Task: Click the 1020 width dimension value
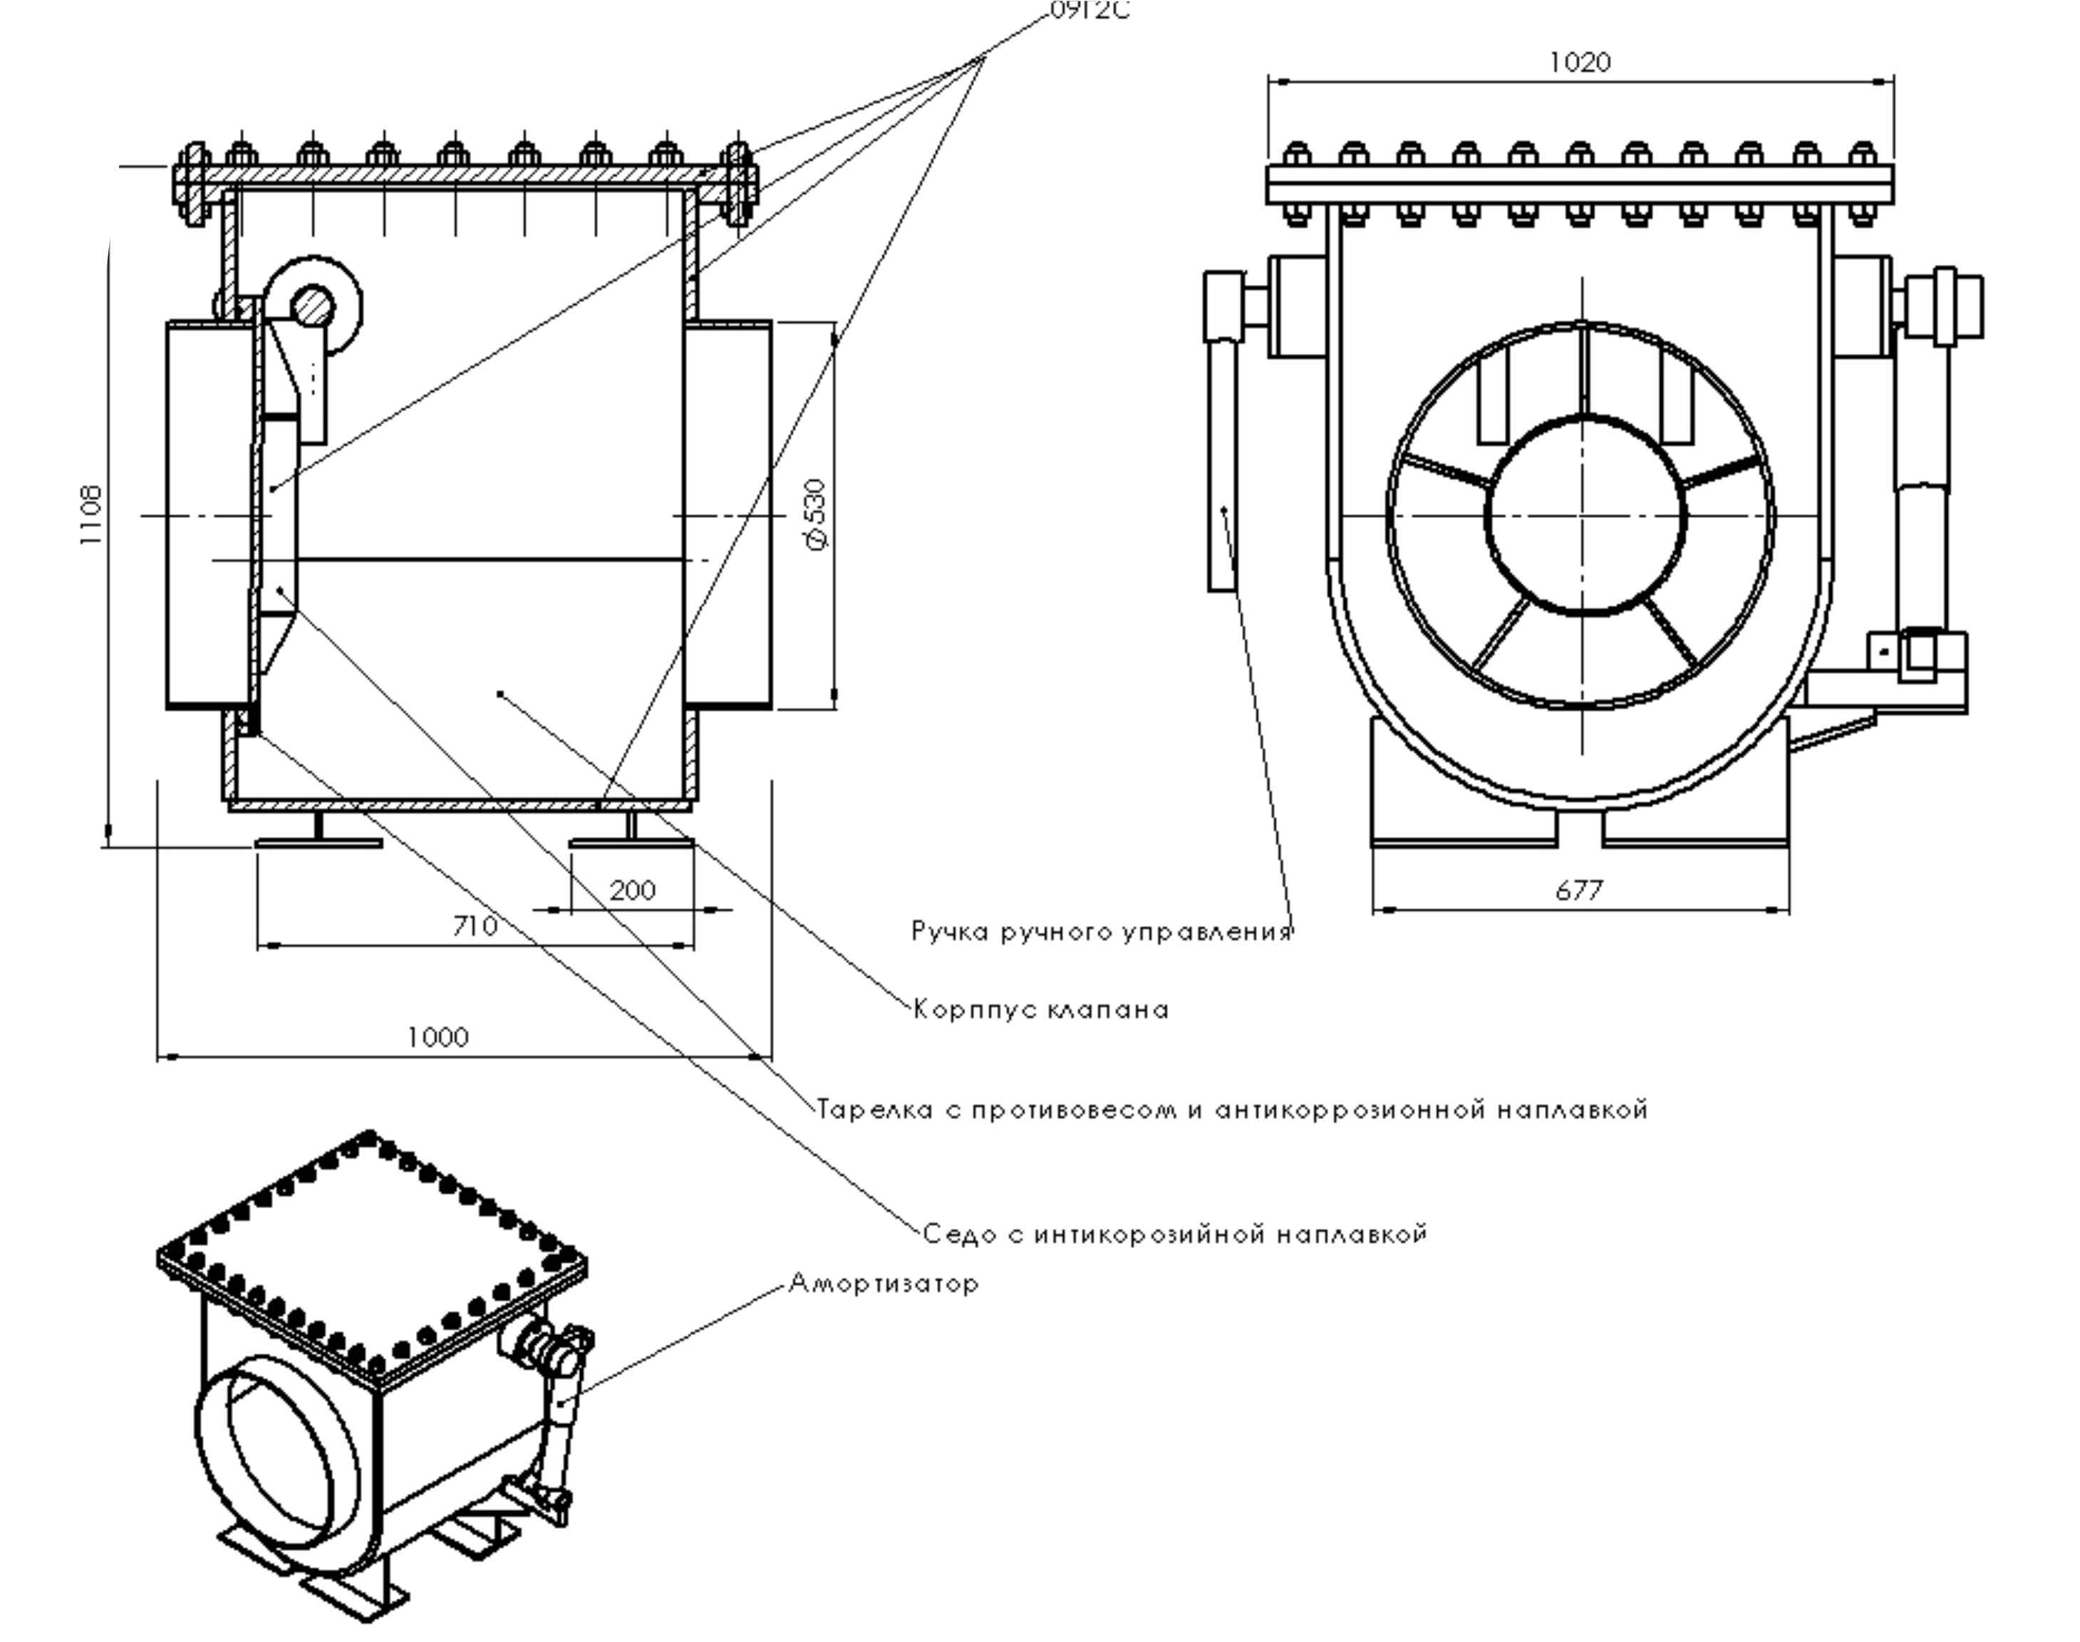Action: pos(1579,63)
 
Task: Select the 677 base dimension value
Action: pos(1579,891)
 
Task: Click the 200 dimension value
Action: pos(633,890)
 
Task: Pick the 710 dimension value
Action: pos(475,926)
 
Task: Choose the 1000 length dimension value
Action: pos(438,1037)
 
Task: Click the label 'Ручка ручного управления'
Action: pos(1101,932)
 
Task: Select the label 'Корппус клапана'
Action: pos(1040,1010)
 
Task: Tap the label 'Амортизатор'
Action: pos(883,1284)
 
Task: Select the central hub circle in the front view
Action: pos(1585,514)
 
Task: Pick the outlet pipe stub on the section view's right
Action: pos(729,514)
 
